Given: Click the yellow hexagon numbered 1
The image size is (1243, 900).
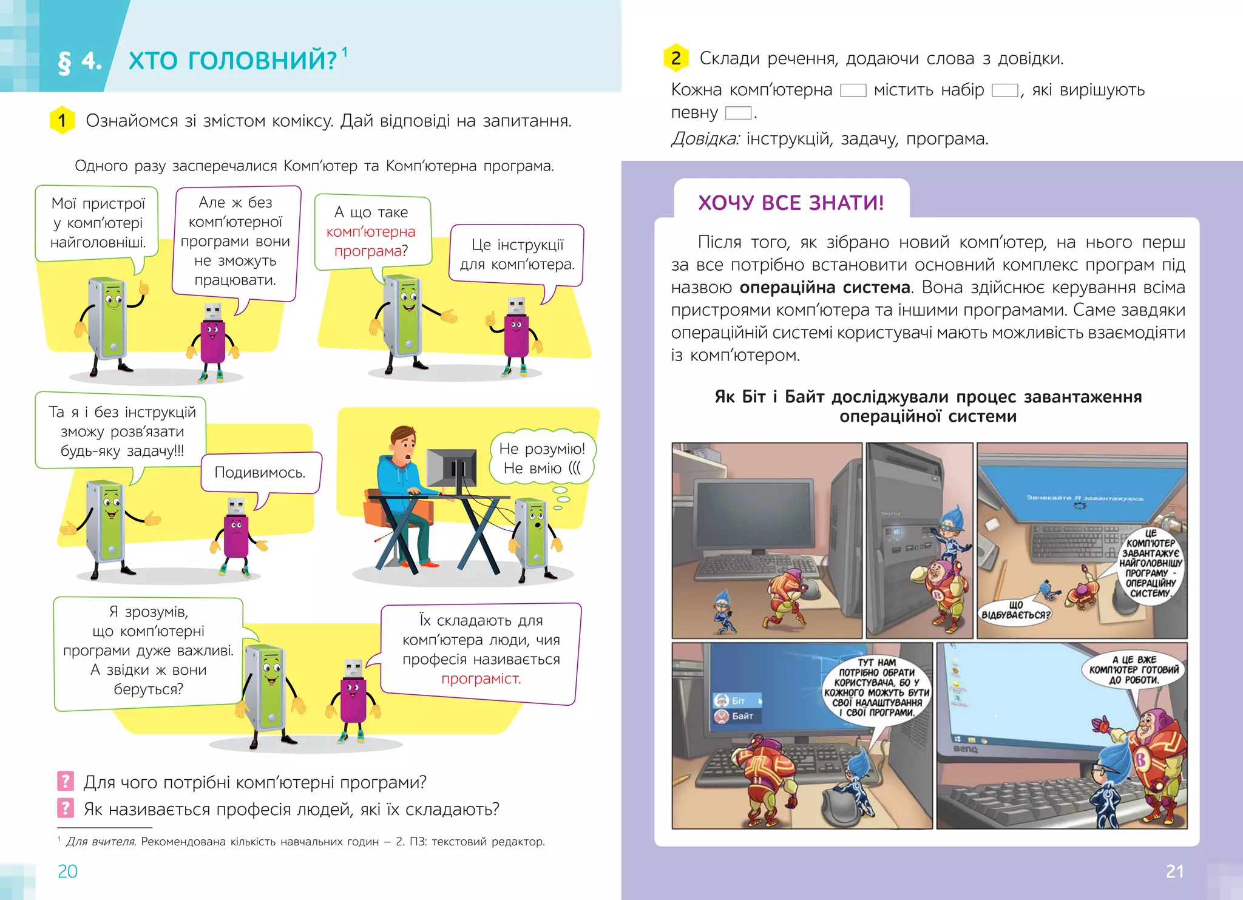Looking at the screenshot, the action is (x=62, y=120).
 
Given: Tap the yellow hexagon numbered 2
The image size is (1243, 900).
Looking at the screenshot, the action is (x=676, y=58).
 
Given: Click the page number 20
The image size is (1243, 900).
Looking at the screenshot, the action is (x=67, y=871).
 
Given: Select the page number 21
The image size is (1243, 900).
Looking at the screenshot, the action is (x=1174, y=871).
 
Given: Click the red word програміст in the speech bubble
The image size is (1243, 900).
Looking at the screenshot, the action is (x=481, y=678).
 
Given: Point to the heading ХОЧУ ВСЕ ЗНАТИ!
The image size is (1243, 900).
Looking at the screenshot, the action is (x=791, y=202).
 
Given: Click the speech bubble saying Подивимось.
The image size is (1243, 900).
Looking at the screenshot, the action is (x=260, y=472).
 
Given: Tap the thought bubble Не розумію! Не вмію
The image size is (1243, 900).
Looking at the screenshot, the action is (x=542, y=458).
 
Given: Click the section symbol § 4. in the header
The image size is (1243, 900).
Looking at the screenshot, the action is (x=80, y=61).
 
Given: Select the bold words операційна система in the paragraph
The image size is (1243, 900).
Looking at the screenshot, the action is (x=825, y=287).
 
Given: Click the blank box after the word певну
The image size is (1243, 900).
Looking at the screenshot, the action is (x=738, y=113).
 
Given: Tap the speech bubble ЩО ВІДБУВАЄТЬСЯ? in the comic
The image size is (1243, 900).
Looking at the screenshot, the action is (x=1015, y=609).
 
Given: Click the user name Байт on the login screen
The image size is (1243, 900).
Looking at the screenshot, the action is (x=742, y=716).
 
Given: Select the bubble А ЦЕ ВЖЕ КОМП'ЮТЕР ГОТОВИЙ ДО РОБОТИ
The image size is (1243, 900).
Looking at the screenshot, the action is (x=1134, y=669).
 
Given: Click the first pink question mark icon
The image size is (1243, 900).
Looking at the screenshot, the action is (x=65, y=781).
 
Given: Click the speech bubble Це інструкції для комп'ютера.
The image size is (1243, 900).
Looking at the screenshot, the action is (x=517, y=254).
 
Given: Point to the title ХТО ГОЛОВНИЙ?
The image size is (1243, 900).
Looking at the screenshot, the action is (x=232, y=61).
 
